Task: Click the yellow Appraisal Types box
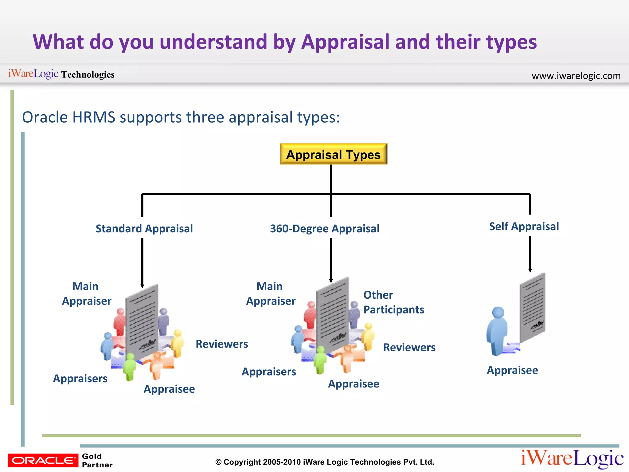tap(334, 154)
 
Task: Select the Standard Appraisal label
tap(144, 229)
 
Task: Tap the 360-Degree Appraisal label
tap(325, 229)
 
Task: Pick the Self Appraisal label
tap(524, 226)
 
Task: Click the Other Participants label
tap(393, 302)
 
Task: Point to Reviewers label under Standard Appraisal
tap(222, 344)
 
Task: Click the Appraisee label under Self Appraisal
tap(512, 370)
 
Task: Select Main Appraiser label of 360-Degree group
tap(271, 293)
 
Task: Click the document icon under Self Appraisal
tap(532, 307)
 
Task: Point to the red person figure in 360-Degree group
tap(310, 315)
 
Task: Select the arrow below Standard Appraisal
tap(142, 263)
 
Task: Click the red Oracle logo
tap(43, 460)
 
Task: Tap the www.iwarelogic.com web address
tap(576, 76)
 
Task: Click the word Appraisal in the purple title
tap(345, 42)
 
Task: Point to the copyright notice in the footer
tap(325, 462)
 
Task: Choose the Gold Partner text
tap(97, 460)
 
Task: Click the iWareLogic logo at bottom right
tap(572, 458)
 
